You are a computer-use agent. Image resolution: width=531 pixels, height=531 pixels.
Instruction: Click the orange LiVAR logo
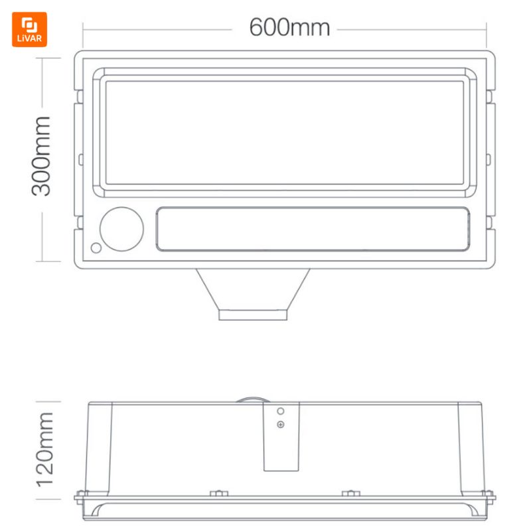point(29,29)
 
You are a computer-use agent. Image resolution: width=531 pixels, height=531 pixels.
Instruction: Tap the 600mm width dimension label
point(289,27)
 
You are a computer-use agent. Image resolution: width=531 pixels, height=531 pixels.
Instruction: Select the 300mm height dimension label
point(41,156)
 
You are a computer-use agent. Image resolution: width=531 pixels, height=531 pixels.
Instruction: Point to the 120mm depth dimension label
point(45,450)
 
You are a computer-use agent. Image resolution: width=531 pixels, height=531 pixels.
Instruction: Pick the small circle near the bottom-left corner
point(96,248)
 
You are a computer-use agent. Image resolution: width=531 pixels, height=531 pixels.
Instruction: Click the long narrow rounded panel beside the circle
point(313,229)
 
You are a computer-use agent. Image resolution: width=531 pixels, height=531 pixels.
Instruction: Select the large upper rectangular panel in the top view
point(285,133)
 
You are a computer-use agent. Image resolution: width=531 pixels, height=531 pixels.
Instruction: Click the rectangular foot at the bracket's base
point(253,315)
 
